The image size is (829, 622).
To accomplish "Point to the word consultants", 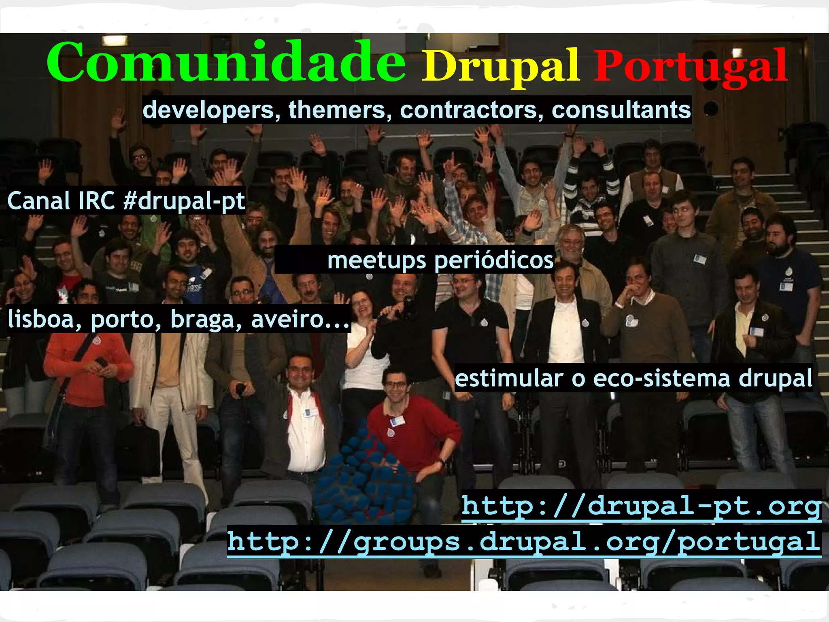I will point(621,110).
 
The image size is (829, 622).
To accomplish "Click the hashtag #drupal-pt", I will point(184,201).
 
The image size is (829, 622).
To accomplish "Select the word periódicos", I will point(494,260).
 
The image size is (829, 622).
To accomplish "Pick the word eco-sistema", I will point(661,378).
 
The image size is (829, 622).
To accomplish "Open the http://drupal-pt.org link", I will point(641,506).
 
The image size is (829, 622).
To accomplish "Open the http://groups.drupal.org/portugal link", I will point(524,542).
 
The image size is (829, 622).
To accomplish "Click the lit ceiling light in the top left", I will point(115,40).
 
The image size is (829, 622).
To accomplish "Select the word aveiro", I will point(300,319).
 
